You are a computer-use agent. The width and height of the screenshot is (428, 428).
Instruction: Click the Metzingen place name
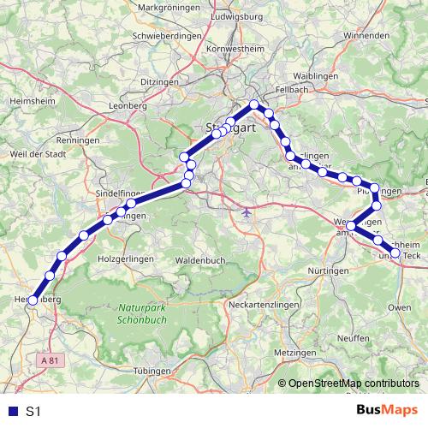point(295,352)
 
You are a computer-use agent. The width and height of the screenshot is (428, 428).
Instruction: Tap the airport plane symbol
point(247,211)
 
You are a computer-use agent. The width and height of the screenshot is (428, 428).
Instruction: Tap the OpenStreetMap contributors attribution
point(354,384)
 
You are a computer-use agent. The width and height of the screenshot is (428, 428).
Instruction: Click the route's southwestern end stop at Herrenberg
point(33,300)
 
